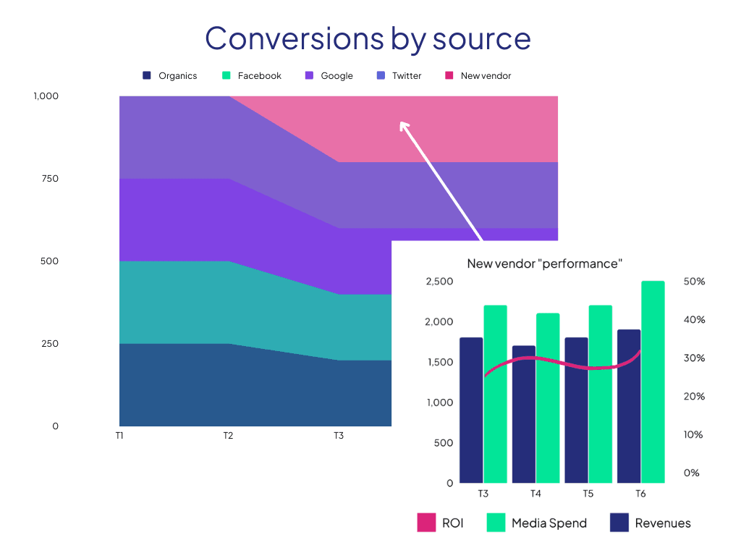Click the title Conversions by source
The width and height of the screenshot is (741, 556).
[x=368, y=38]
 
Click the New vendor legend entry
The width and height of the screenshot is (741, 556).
[x=478, y=75]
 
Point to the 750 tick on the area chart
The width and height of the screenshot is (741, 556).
[x=49, y=179]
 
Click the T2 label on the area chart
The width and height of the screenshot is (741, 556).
[x=228, y=436]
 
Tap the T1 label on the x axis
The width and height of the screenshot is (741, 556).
[x=119, y=436]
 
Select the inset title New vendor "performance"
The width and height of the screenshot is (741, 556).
[x=544, y=264]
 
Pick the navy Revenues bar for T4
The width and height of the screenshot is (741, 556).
[x=524, y=414]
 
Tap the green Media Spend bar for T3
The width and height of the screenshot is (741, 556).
[x=496, y=394]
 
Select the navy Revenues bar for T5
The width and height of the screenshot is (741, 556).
[x=576, y=410]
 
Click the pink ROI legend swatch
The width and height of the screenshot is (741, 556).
[x=426, y=523]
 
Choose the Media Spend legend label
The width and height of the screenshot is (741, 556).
[x=549, y=523]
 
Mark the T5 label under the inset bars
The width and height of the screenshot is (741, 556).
[x=588, y=494]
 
